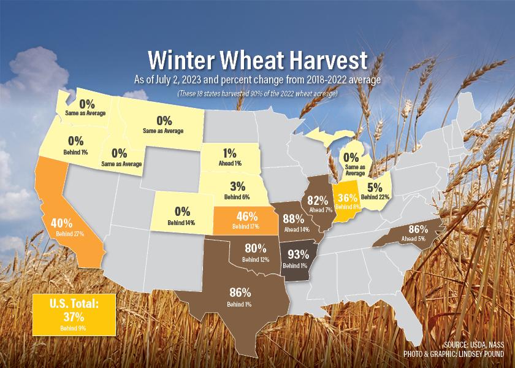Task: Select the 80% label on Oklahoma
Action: pos(256,248)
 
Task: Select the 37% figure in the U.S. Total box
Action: pos(74,316)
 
